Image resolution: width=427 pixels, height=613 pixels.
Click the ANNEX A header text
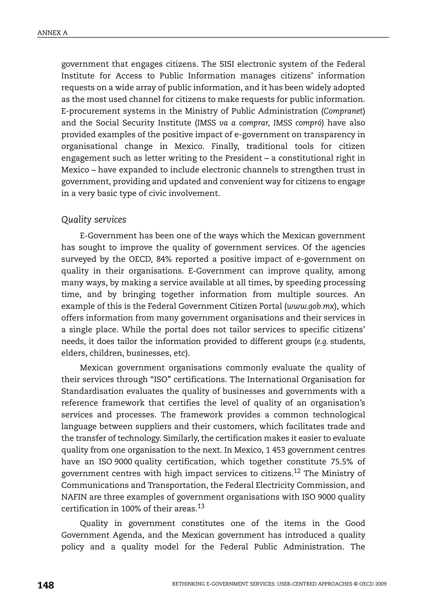[52, 33]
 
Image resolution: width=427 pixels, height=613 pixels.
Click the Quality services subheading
[94, 219]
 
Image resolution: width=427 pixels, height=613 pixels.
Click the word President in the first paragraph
[244, 158]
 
